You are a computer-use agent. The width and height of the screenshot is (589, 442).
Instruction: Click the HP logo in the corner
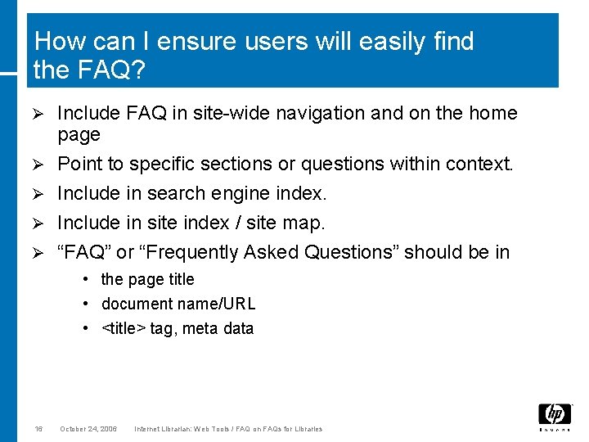tap(554, 416)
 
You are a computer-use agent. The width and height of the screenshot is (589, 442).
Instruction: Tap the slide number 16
tap(38, 429)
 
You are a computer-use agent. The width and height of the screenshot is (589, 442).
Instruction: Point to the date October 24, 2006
tap(88, 429)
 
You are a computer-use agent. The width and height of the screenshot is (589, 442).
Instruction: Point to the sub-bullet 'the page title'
tap(147, 279)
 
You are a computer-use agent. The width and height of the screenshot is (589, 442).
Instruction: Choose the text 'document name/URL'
tap(178, 304)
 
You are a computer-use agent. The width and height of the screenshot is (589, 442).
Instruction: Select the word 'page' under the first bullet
tap(79, 135)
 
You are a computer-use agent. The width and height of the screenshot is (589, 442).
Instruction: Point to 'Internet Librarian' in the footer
tap(169, 429)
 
